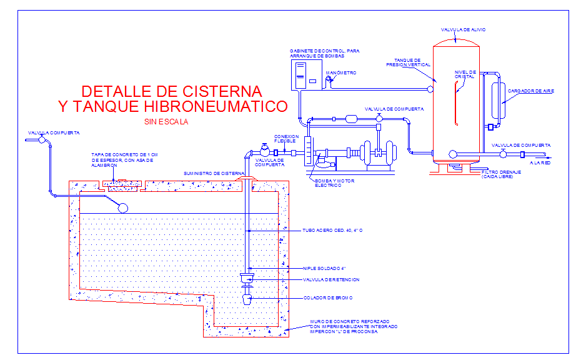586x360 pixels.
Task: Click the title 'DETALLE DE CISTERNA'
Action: [x=172, y=91]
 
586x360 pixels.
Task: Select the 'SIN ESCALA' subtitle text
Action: [x=166, y=122]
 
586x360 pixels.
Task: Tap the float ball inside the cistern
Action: [x=123, y=207]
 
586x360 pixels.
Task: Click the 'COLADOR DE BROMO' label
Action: [x=328, y=297]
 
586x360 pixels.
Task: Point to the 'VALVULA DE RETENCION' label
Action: [x=331, y=279]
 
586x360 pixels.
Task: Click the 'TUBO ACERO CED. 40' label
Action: [x=332, y=231]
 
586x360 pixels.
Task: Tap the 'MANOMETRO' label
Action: [x=341, y=72]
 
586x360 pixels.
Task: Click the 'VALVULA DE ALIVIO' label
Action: [x=463, y=29]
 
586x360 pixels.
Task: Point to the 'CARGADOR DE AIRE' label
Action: [x=530, y=91]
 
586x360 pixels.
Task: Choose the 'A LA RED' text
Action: [x=539, y=162]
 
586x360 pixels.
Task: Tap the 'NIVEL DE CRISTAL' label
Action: [x=465, y=74]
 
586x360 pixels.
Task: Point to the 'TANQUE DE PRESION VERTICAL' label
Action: [x=407, y=62]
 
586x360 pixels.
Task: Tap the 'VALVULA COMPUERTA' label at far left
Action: [x=54, y=132]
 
